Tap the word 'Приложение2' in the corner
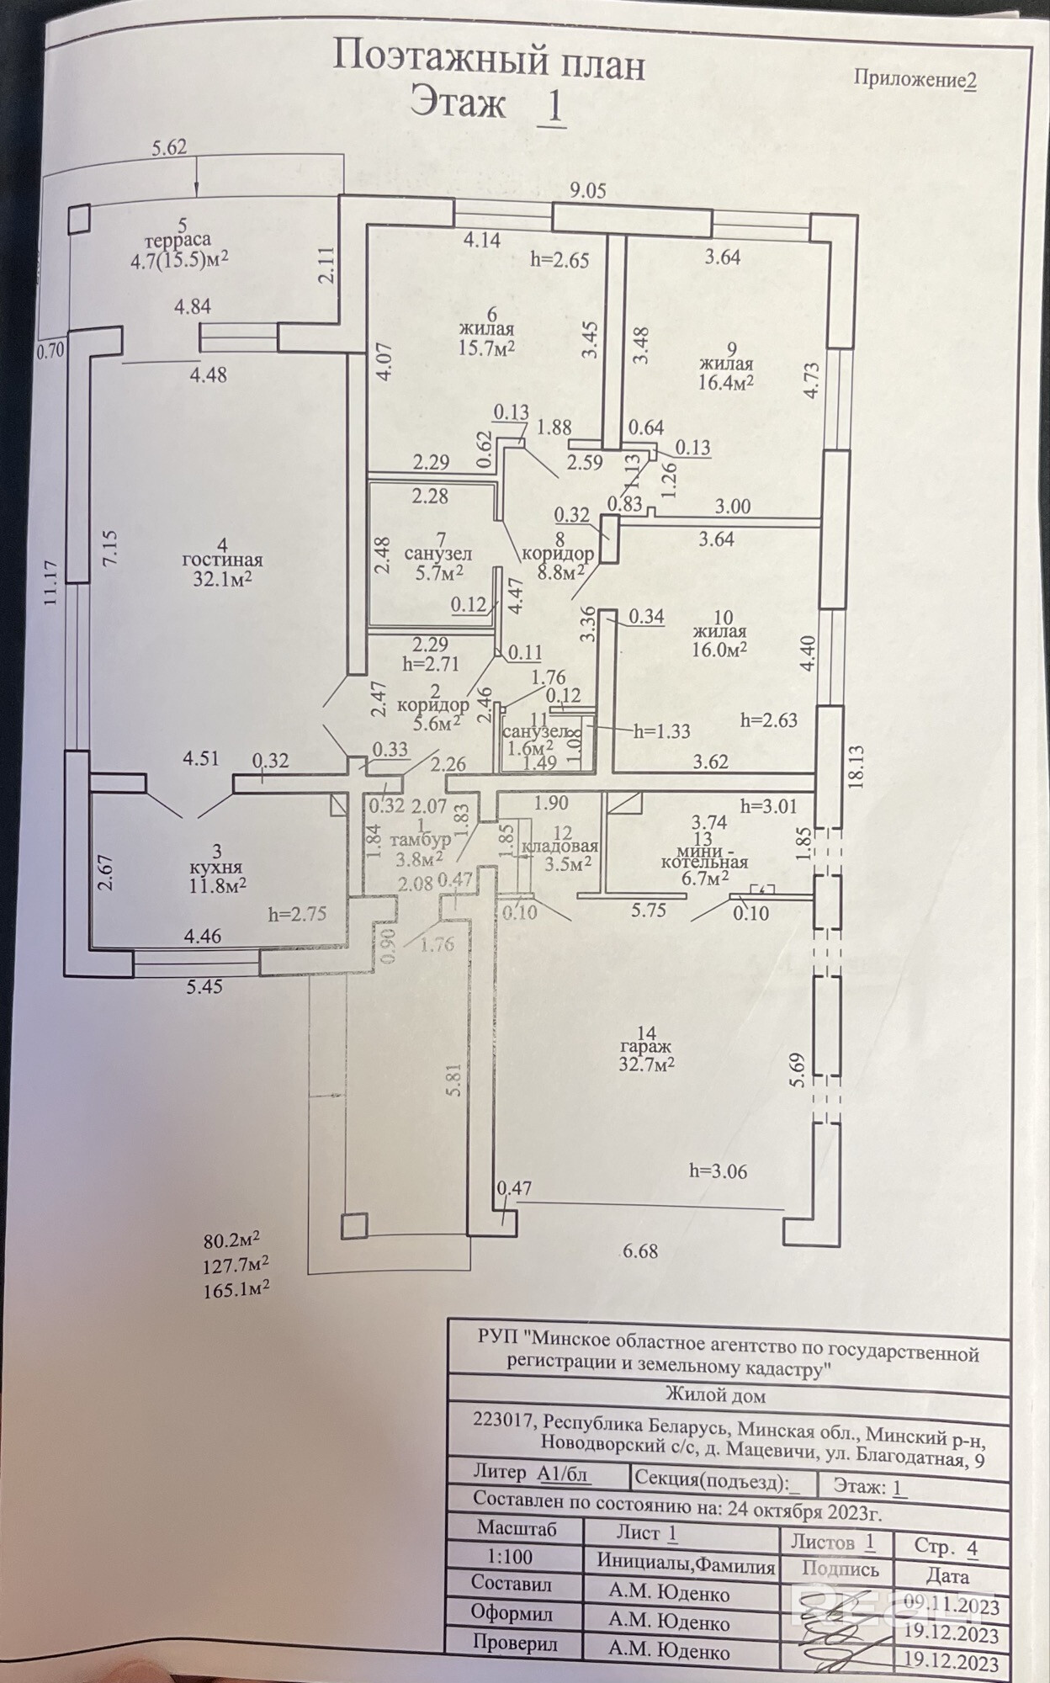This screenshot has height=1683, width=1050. click(x=915, y=79)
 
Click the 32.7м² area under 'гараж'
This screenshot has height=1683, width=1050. click(x=646, y=1064)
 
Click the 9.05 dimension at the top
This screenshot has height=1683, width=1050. click(x=587, y=191)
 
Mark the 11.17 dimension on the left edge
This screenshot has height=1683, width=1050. click(x=50, y=584)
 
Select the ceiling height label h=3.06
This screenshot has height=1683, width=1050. click(x=718, y=1171)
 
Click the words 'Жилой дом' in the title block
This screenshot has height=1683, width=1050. click(x=715, y=1395)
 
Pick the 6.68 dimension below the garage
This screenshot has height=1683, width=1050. click(x=640, y=1251)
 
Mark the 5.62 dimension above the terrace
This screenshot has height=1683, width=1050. click(x=169, y=148)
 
